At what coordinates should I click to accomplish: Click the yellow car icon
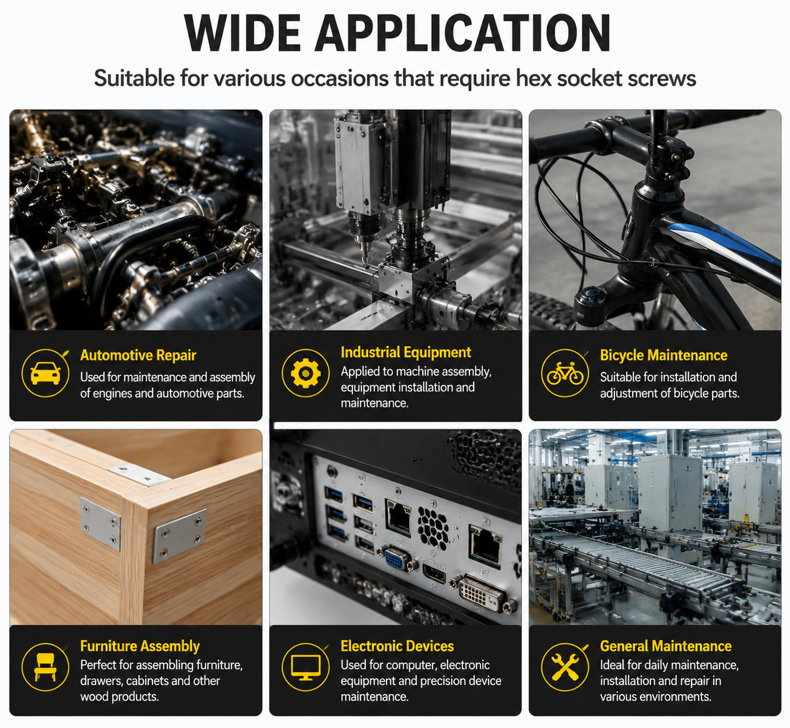pos(45,373)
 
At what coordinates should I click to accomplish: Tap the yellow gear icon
pos(305,373)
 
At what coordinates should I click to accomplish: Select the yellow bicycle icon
pos(565,373)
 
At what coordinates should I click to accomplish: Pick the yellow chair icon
pos(45,667)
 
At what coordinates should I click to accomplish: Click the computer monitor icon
pos(305,667)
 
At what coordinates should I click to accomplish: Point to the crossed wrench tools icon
pos(565,667)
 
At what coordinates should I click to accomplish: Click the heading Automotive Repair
pos(138,356)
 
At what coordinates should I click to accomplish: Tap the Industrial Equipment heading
pos(406,352)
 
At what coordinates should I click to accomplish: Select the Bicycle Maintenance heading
pos(664,356)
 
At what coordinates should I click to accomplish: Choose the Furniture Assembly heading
pos(140,646)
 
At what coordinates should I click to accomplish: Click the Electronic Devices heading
pos(397,646)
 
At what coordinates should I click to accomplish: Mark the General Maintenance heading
pos(665,646)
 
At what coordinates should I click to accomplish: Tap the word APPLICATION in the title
pos(463,33)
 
